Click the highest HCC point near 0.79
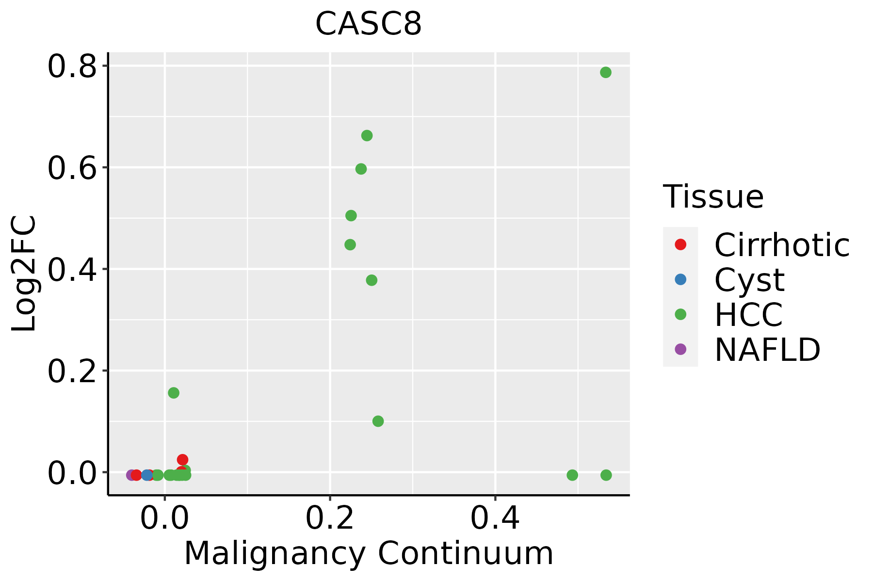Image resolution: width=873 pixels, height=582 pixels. pyautogui.click(x=605, y=72)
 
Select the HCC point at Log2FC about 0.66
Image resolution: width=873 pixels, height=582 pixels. pyautogui.click(x=367, y=136)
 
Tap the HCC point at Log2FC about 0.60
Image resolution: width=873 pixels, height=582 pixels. pyautogui.click(x=361, y=169)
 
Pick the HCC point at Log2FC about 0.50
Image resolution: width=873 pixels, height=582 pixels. pyautogui.click(x=351, y=215)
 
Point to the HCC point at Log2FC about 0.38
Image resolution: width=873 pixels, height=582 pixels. pyautogui.click(x=372, y=280)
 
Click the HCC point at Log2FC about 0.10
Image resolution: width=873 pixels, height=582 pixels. pyautogui.click(x=378, y=421)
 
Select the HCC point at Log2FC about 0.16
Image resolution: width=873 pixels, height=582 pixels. pyautogui.click(x=174, y=393)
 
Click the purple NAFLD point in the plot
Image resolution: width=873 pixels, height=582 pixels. pyautogui.click(x=131, y=475)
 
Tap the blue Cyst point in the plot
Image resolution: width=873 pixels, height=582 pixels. pyautogui.click(x=147, y=475)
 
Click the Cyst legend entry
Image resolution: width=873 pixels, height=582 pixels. pyautogui.click(x=749, y=280)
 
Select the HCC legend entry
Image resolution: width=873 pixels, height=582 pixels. pyautogui.click(x=748, y=314)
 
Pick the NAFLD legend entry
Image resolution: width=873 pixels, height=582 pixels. pyautogui.click(x=767, y=349)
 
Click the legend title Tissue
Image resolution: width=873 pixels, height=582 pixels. pyautogui.click(x=713, y=197)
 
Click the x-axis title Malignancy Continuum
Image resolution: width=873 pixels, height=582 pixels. pyautogui.click(x=369, y=553)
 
